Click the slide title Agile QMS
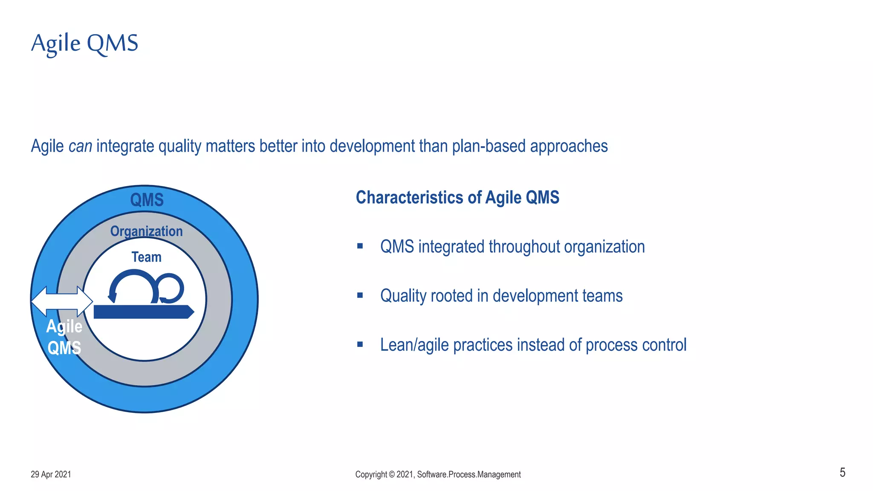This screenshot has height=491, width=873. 84,43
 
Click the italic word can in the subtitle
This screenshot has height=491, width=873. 80,146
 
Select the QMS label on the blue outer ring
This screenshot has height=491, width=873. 147,200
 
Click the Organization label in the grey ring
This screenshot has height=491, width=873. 146,231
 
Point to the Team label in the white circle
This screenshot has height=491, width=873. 146,257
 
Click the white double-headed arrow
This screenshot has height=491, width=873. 62,301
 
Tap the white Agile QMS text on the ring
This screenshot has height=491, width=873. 64,337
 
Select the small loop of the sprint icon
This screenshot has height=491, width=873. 171,288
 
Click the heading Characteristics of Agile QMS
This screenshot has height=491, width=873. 457,198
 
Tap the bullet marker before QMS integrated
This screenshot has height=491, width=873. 360,246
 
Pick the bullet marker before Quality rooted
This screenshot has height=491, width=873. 360,295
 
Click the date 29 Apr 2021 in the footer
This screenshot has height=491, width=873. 51,474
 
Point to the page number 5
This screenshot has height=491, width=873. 842,473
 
